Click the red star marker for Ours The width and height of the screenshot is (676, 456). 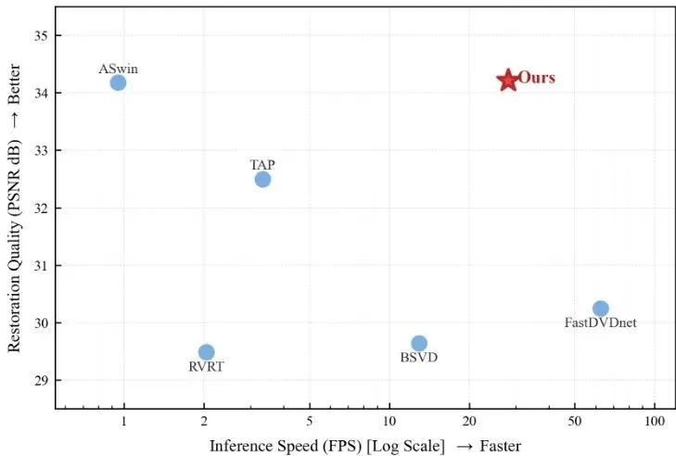tap(507, 81)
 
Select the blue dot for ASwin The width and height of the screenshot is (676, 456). tap(118, 82)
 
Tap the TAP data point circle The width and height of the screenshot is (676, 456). tap(262, 179)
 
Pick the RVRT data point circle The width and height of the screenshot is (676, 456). tap(206, 352)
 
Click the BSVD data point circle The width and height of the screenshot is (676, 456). tap(419, 343)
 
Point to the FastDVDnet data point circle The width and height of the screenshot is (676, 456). tap(600, 309)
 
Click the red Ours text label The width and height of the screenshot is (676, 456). tap(536, 78)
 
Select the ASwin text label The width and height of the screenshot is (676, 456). tap(118, 69)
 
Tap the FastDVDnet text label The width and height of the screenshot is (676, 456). tap(600, 323)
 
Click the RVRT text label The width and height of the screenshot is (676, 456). tap(206, 367)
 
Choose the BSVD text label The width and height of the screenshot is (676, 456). tap(419, 358)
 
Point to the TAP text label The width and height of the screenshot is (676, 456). tap(262, 165)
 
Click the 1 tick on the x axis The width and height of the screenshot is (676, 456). tap(123, 423)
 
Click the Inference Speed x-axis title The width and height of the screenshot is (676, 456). tap(365, 446)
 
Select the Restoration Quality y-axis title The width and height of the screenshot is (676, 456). tap(15, 208)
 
